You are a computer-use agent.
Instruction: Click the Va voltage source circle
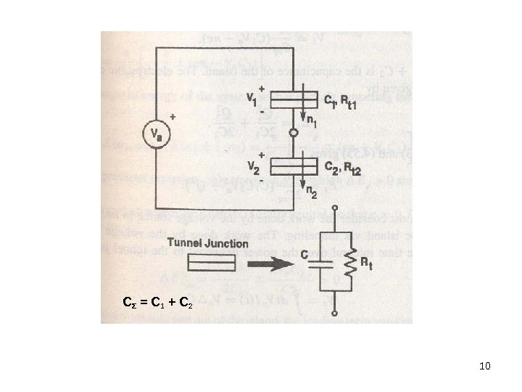click(x=155, y=135)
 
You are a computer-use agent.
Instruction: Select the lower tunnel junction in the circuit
click(x=294, y=167)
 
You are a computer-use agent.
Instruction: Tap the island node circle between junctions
click(x=294, y=134)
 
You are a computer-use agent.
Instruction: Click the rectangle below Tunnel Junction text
click(x=212, y=263)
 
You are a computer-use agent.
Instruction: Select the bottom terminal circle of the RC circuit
click(x=333, y=313)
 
